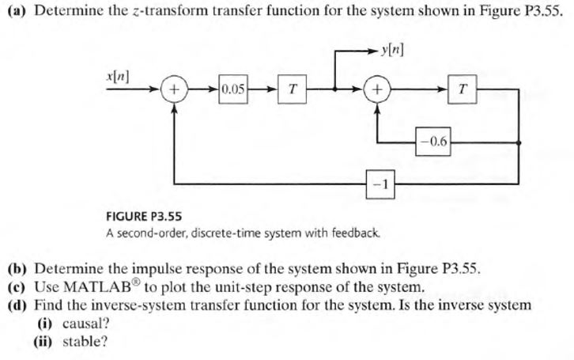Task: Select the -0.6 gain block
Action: click(436, 143)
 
